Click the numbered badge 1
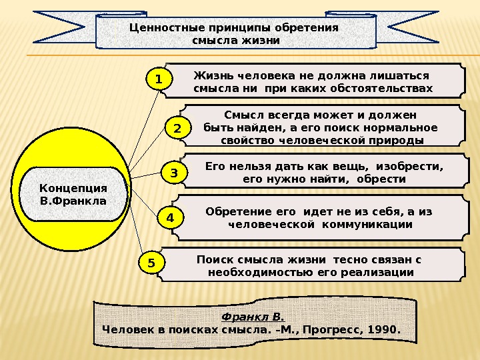[x=159, y=80]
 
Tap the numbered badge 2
[x=177, y=127]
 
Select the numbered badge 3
[x=174, y=173]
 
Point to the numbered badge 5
[x=151, y=263]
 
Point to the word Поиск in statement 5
[x=213, y=259]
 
